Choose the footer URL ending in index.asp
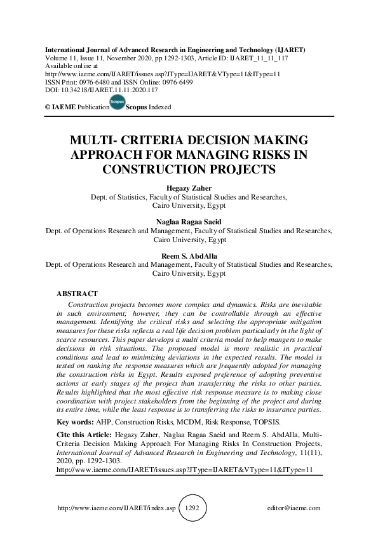117,509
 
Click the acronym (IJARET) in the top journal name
286,49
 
